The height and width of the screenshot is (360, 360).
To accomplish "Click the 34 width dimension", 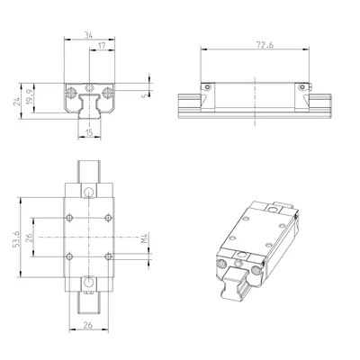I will tap(88, 35).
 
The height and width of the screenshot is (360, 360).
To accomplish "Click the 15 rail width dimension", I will tap(89, 133).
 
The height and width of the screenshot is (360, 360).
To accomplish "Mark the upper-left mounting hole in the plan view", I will tap(69, 218).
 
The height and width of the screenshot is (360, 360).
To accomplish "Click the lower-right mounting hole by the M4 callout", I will tap(108, 257).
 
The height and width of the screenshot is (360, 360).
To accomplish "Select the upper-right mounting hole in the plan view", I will tap(108, 218).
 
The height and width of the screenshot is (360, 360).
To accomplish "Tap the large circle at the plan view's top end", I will tap(88, 193).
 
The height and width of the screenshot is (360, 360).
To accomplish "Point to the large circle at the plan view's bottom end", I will tap(88, 283).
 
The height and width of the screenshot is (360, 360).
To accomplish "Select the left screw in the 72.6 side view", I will tap(205, 87).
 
